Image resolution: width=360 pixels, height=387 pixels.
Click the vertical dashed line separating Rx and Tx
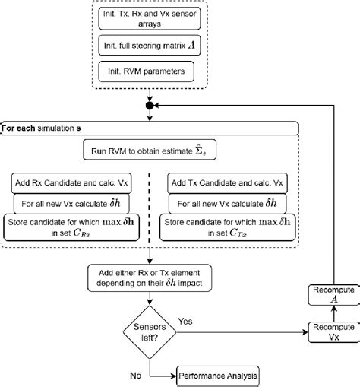click(151, 205)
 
